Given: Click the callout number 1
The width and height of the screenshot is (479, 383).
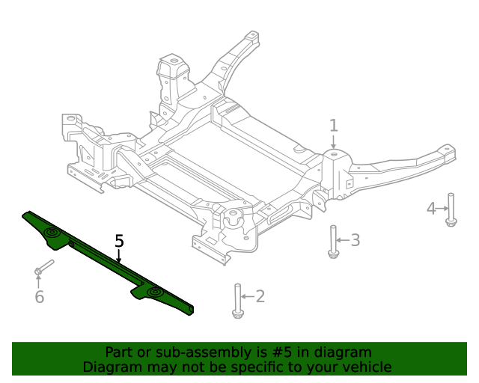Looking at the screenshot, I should (334, 126).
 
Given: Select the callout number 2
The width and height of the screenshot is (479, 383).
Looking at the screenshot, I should (260, 297).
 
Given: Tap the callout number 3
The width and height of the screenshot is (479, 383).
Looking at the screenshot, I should (355, 240).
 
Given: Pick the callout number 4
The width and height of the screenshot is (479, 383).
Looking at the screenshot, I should (431, 208).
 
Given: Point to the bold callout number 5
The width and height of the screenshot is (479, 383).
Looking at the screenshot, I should (119, 241).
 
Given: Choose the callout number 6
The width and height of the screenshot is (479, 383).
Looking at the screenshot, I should (39, 298).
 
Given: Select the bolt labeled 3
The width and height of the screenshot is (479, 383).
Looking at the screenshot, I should (333, 242).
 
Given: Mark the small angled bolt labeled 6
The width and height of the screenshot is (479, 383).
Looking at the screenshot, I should (43, 267).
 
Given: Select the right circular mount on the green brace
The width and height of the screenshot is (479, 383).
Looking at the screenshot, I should (155, 292).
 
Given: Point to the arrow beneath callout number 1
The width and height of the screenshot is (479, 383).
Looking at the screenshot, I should (334, 142).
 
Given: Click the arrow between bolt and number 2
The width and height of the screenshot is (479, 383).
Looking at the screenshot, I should (248, 297).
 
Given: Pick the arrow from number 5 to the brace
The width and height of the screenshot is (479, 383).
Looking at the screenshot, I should (118, 256).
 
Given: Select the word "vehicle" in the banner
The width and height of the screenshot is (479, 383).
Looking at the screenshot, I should (366, 367).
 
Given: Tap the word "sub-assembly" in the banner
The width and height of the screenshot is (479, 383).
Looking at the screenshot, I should (179, 352).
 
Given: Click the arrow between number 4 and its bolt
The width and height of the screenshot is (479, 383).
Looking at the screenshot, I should (442, 208).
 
